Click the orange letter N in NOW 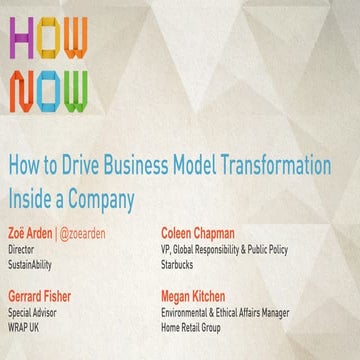coord(23,91)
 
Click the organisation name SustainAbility coord(35,265)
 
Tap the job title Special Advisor coord(37,314)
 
